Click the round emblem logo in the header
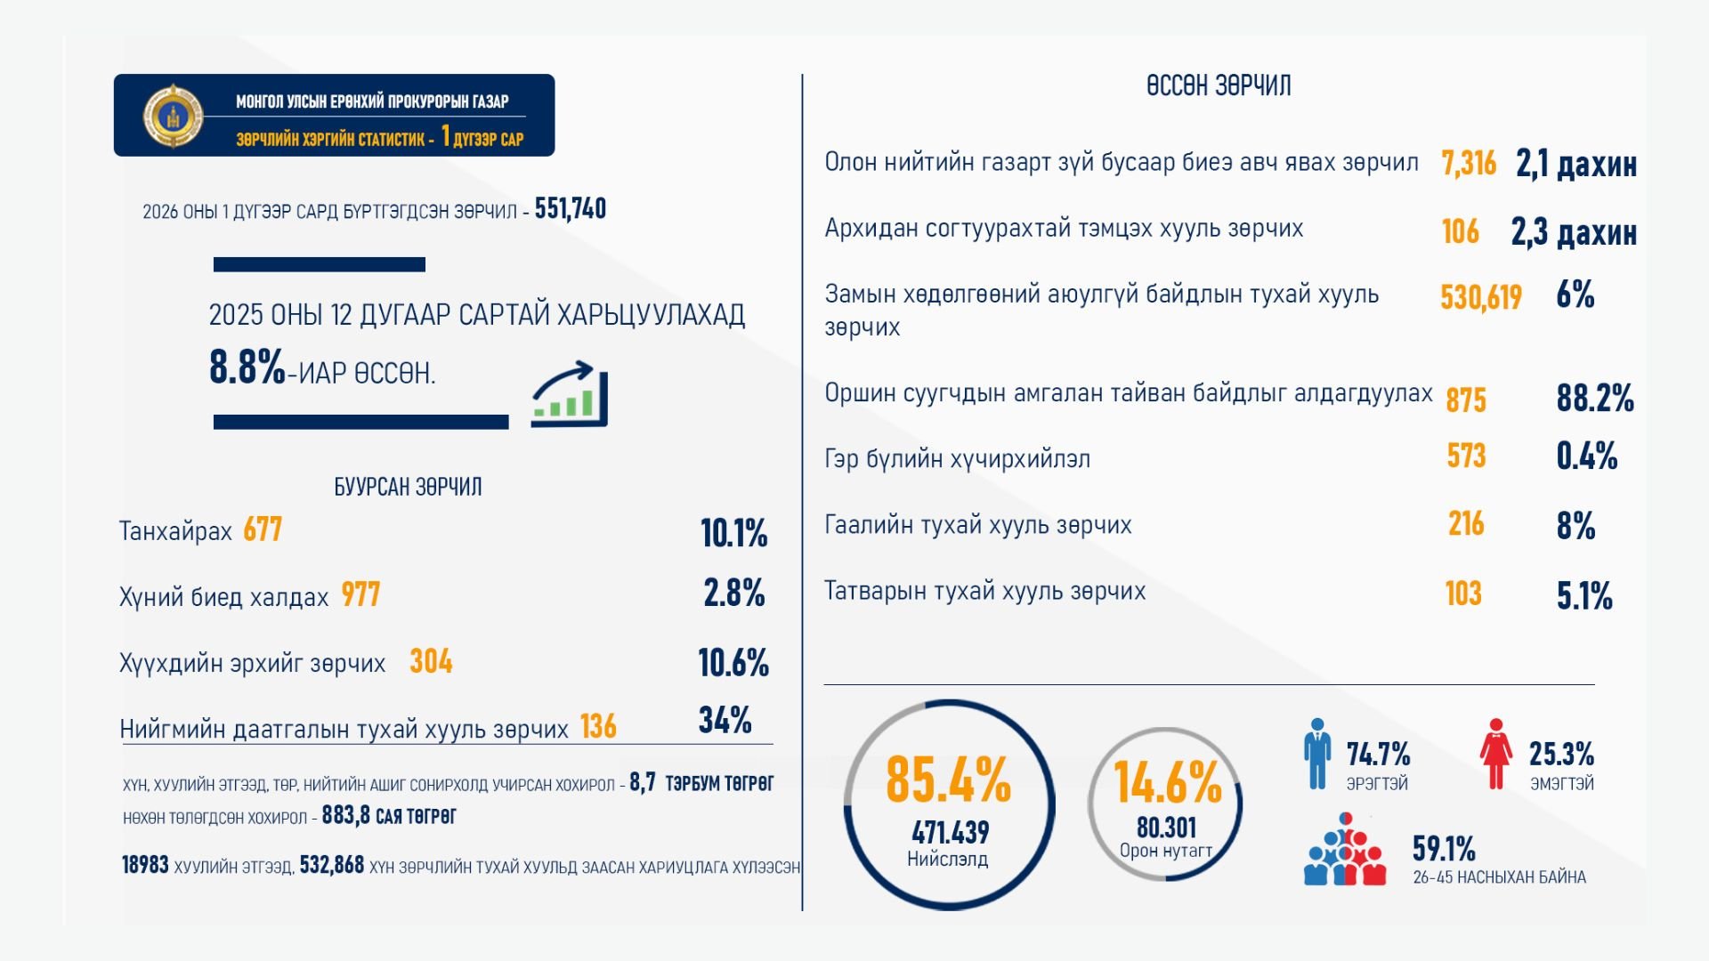tap(174, 116)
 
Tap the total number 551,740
tap(570, 209)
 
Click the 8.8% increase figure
tap(247, 367)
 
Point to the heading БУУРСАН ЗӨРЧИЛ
tap(408, 487)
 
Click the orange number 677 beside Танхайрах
tap(263, 530)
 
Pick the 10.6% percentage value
tap(733, 663)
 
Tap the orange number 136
tap(598, 727)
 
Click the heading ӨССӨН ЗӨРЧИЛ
tap(1219, 86)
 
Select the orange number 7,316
tap(1469, 164)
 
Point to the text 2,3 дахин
tap(1574, 232)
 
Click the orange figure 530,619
tap(1481, 297)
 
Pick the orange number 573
tap(1466, 456)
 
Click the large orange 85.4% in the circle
tap(948, 780)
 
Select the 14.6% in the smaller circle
tap(1168, 783)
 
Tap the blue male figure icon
tap(1317, 755)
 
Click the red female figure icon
tap(1495, 755)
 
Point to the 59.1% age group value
tap(1444, 849)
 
